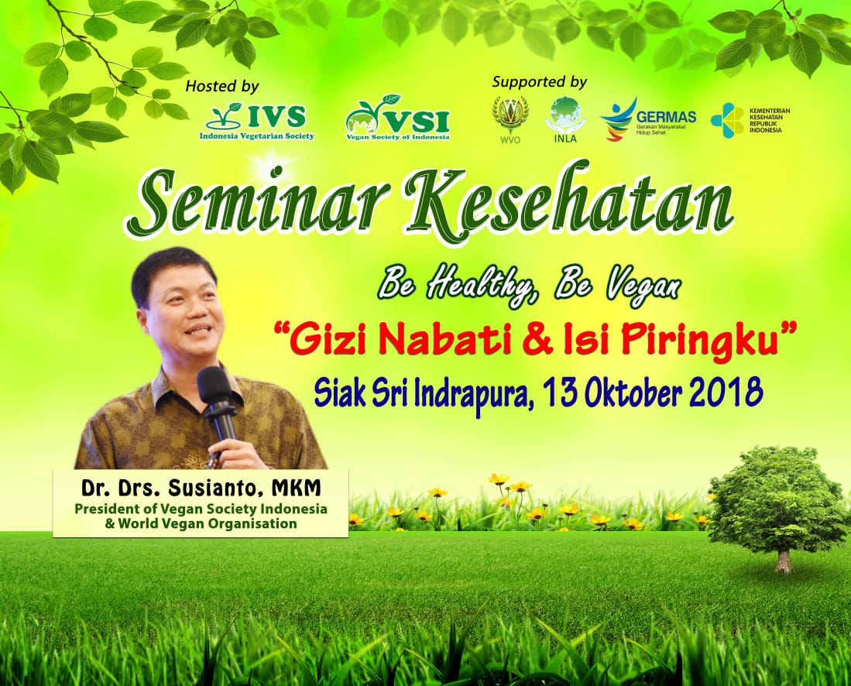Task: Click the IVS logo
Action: coord(257,122)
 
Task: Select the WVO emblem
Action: coord(509,119)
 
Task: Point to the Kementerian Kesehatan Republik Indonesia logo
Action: coord(750,121)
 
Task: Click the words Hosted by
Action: coord(222,86)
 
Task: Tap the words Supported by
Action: coord(540,82)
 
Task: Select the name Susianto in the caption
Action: coord(214,488)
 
